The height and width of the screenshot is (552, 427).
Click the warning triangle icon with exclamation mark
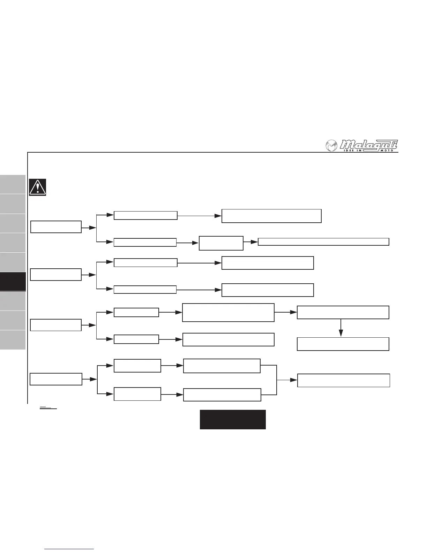click(38, 187)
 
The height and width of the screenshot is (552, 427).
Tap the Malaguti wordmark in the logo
click(369, 144)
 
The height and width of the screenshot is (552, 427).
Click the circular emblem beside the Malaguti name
click(331, 146)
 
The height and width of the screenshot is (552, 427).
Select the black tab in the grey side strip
click(13, 282)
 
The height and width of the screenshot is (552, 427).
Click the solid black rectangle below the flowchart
click(233, 419)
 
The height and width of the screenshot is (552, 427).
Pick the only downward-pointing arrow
click(341, 328)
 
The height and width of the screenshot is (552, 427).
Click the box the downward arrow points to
click(343, 344)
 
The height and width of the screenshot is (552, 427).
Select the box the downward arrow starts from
click(343, 313)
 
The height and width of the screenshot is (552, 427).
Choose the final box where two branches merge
click(343, 381)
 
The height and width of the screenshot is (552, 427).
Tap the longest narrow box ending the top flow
click(323, 242)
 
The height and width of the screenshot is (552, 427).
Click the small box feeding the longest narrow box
click(221, 243)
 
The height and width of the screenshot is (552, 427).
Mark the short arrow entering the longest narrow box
click(250, 242)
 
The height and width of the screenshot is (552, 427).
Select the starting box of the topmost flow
click(56, 227)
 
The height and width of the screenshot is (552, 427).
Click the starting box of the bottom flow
click(56, 379)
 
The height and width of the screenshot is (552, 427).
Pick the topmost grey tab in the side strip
click(13, 184)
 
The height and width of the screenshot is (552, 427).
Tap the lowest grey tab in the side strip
click(13, 340)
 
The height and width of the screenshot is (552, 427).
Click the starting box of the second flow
click(56, 275)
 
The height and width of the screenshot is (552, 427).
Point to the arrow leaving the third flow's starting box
click(89, 325)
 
